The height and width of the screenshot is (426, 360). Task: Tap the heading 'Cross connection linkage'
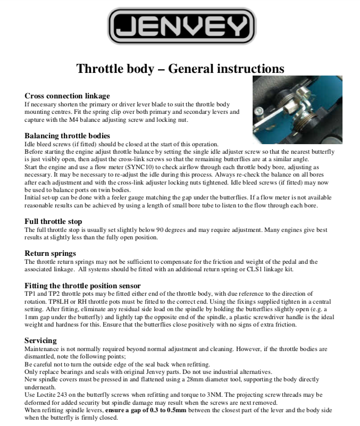[68, 96]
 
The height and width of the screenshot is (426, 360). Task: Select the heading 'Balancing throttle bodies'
[68, 136]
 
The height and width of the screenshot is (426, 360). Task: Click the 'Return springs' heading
[51, 253]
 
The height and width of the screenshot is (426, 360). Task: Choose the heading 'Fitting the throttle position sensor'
[82, 286]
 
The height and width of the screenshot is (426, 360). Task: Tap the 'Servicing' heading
[40, 340]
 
